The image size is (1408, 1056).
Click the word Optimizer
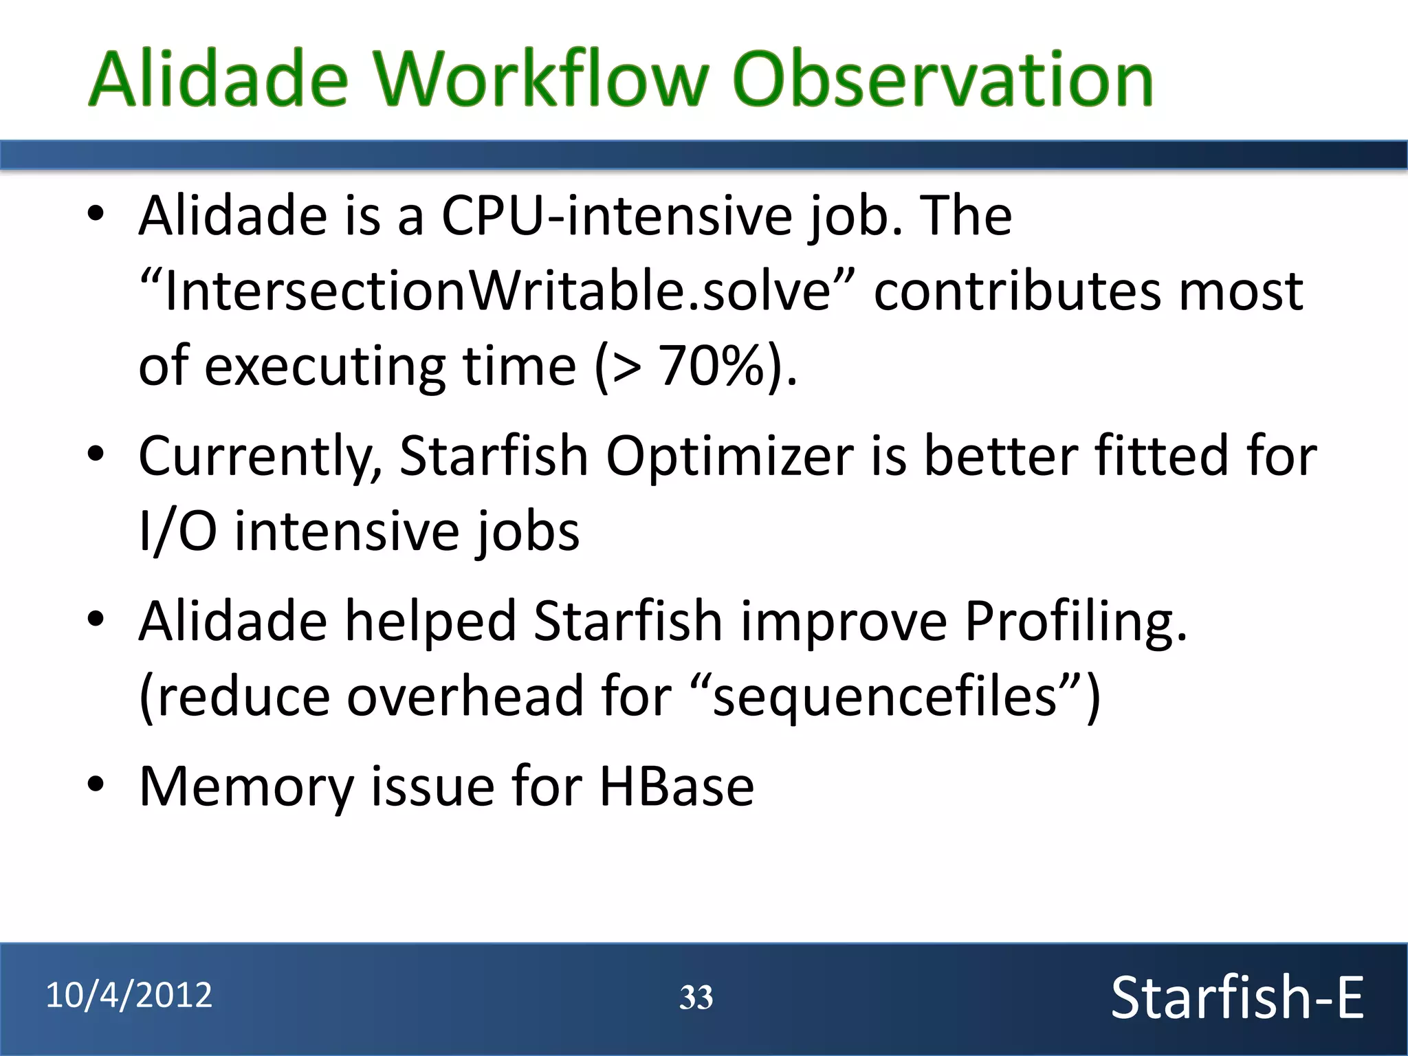(x=729, y=456)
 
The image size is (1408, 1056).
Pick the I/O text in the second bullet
(x=178, y=531)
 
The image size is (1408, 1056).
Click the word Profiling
(x=1075, y=621)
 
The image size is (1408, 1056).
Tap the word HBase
(x=676, y=786)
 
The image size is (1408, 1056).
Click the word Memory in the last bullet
(x=246, y=786)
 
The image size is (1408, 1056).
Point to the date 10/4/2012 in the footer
(x=129, y=995)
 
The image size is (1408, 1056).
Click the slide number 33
(x=696, y=998)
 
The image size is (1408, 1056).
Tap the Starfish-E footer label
(x=1237, y=998)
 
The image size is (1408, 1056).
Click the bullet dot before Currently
(x=96, y=453)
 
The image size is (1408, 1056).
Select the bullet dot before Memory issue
(x=96, y=783)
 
